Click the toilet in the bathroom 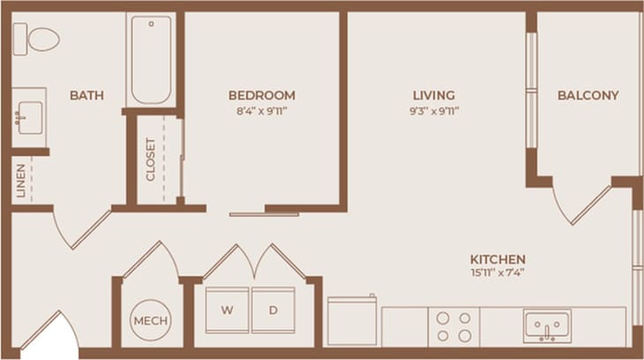click(x=36, y=39)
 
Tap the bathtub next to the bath click(x=151, y=60)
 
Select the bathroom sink click(x=29, y=116)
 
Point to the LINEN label click(x=20, y=180)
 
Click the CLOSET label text click(x=151, y=159)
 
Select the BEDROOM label click(x=261, y=95)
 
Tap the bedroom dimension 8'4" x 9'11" click(x=261, y=111)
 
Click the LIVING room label click(x=433, y=95)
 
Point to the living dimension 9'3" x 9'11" click(x=433, y=111)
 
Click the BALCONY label click(x=588, y=95)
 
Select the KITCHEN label click(x=498, y=259)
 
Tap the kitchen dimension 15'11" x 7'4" click(x=498, y=274)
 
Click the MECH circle click(x=151, y=319)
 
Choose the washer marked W click(x=228, y=310)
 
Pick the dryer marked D click(x=273, y=310)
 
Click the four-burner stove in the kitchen click(x=453, y=326)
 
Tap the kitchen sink click(x=546, y=326)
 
